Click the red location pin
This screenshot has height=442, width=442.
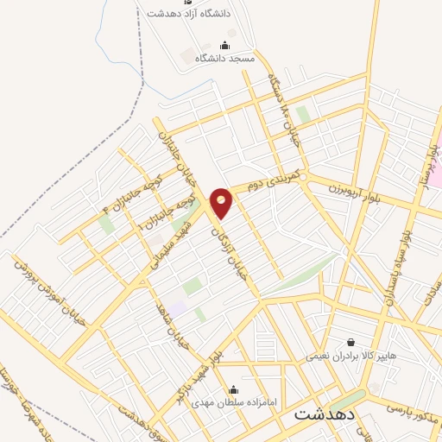(x=222, y=203)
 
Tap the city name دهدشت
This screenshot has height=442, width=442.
(x=324, y=414)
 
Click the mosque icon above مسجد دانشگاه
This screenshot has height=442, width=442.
(x=225, y=45)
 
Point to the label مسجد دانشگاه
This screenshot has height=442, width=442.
(x=224, y=58)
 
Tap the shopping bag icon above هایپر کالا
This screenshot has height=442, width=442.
(x=350, y=342)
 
